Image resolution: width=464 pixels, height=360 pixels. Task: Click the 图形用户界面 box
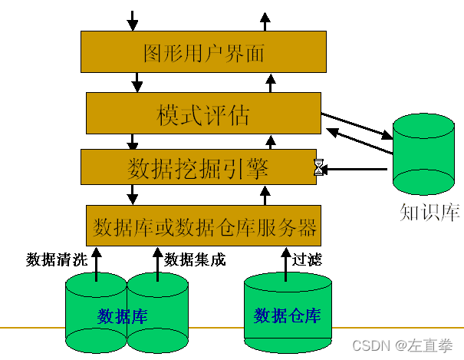tap(203, 52)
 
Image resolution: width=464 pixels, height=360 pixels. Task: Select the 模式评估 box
tap(202, 114)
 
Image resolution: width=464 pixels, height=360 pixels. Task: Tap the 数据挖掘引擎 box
tap(198, 167)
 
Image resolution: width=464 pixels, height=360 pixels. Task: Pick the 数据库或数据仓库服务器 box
tap(203, 226)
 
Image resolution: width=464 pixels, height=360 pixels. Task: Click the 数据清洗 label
tap(56, 260)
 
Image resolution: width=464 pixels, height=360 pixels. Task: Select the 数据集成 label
tap(195, 260)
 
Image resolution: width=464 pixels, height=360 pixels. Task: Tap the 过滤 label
tap(307, 260)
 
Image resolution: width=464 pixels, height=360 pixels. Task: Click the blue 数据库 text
tap(123, 316)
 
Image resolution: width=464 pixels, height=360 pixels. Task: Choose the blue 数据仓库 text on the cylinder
tap(288, 315)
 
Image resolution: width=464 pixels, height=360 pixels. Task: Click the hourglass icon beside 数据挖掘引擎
tap(318, 167)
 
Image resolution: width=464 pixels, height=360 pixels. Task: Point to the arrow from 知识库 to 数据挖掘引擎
tap(357, 167)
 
